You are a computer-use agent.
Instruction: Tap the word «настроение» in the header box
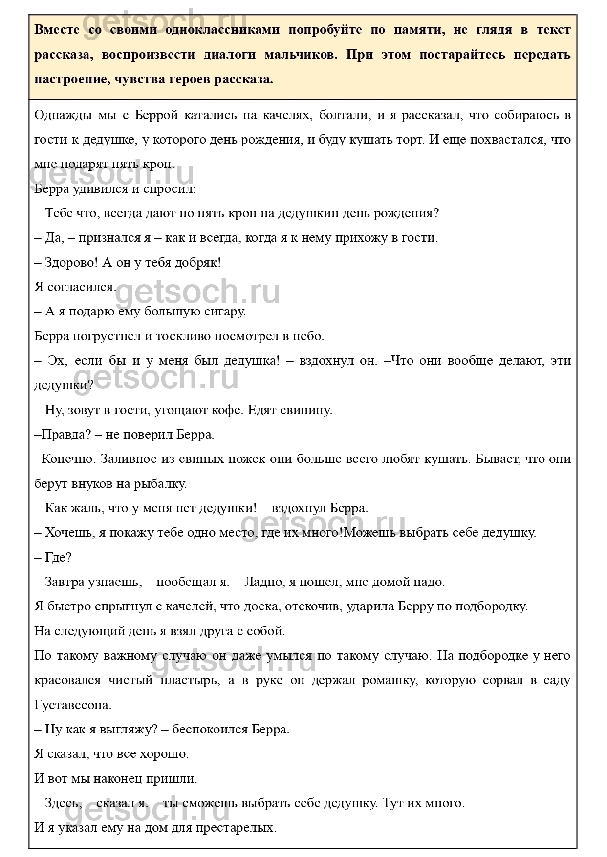67,79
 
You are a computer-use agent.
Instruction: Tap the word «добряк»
193,262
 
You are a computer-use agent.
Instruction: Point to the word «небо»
306,336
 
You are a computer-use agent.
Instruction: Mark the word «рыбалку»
159,483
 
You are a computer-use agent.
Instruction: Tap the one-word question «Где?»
58,557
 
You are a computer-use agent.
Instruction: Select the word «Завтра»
65,582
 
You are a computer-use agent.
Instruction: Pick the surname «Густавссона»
72,705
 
